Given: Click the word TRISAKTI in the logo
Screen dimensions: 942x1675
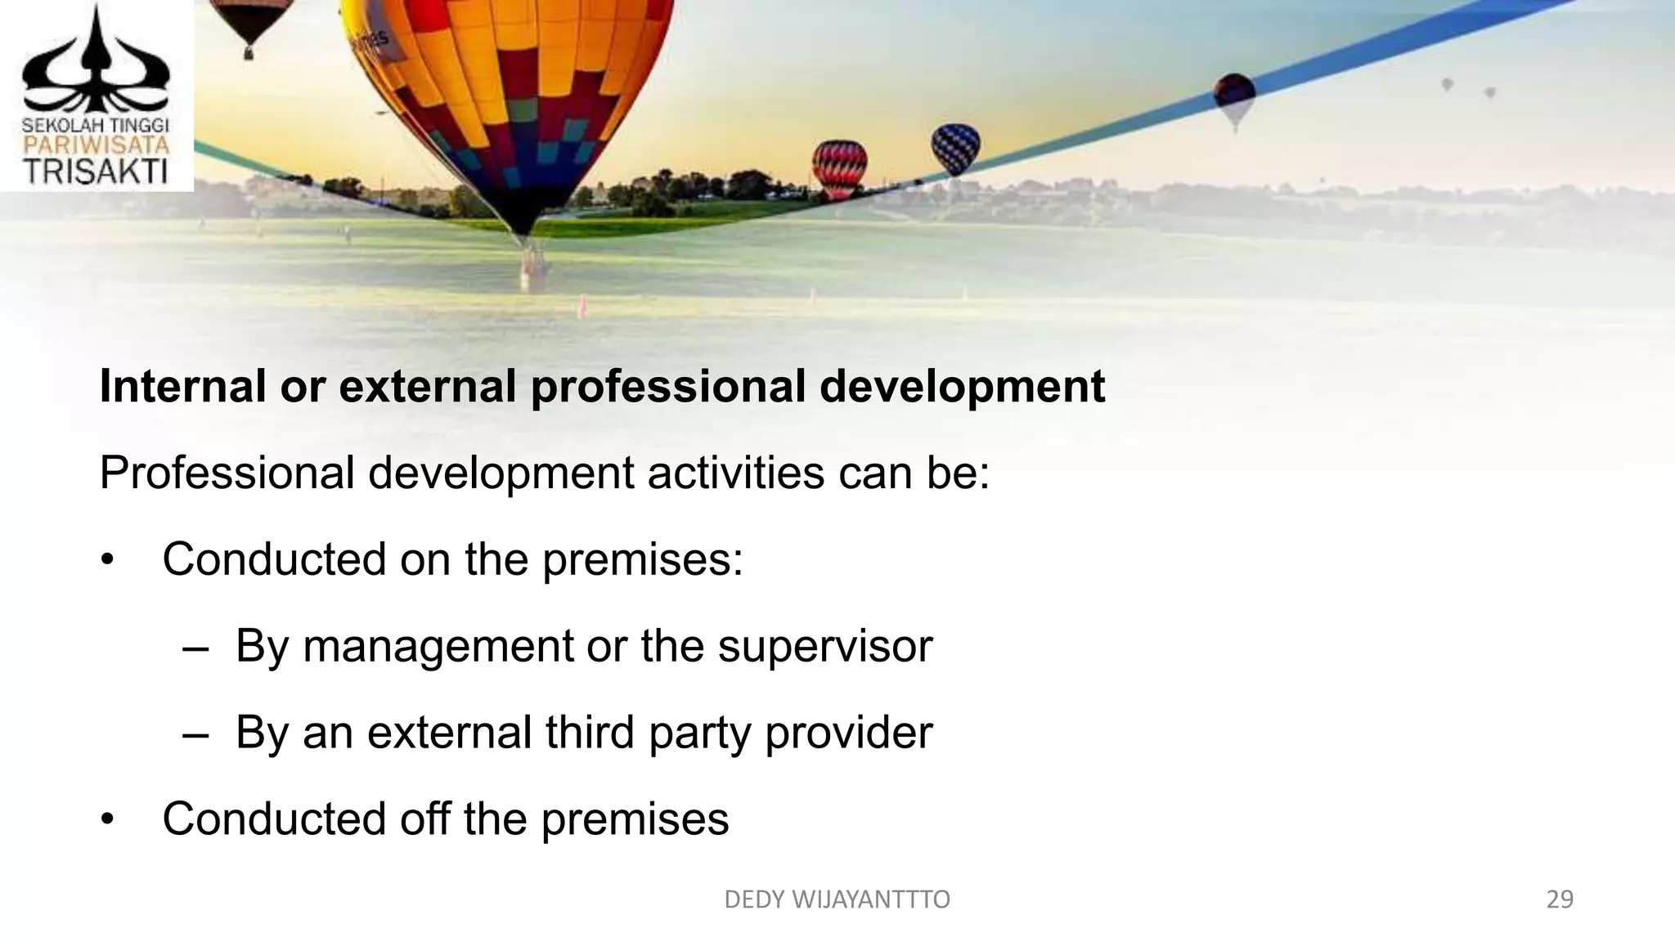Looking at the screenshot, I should (x=96, y=171).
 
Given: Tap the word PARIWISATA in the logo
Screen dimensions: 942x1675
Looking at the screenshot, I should (x=96, y=146).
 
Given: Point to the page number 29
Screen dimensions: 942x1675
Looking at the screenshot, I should (x=1560, y=899).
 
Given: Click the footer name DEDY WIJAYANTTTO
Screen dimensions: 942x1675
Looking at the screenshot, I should (x=837, y=899).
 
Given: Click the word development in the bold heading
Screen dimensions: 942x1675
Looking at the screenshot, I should (x=962, y=388).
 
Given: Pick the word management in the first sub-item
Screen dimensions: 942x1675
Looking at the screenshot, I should (x=438, y=646).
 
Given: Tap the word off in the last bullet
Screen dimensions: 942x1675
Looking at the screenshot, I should (x=424, y=819).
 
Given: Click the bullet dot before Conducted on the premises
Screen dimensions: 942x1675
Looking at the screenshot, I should (x=107, y=561).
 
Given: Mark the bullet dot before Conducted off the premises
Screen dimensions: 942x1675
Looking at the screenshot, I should (x=107, y=819).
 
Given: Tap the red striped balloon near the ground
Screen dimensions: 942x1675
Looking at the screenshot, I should (x=839, y=168).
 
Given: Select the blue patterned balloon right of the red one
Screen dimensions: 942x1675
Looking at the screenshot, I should (x=954, y=147).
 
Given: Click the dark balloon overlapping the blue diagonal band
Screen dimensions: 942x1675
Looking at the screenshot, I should (x=1234, y=96).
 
